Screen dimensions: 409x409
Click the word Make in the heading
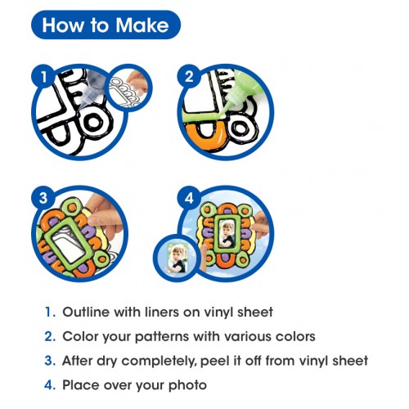tap(142, 25)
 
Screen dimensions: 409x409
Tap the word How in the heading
tap(63, 25)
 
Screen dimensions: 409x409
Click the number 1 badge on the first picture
tap(43, 77)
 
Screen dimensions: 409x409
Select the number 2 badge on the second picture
tap(189, 77)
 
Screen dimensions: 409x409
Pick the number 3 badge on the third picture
tap(43, 198)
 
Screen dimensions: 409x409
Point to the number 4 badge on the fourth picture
tap(189, 198)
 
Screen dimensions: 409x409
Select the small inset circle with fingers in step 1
tap(128, 88)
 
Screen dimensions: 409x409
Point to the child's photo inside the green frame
tap(227, 234)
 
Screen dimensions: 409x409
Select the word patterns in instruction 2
tap(162, 337)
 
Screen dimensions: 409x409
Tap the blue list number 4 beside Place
tap(50, 385)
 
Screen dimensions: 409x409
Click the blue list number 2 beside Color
tap(50, 336)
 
